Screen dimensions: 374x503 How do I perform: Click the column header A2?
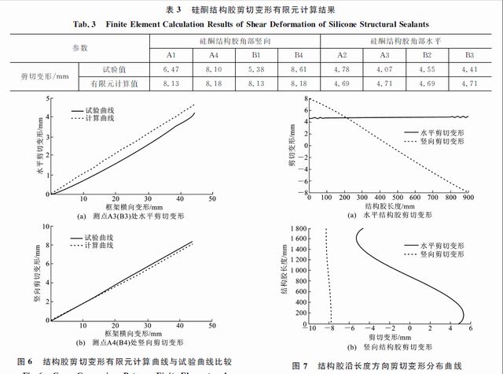click(x=342, y=55)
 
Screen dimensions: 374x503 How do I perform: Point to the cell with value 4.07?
click(x=384, y=70)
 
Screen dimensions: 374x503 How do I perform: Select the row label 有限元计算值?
click(x=114, y=83)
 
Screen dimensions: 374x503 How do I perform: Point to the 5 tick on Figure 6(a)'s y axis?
click(x=49, y=98)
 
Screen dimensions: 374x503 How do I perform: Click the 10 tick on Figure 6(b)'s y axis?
click(x=47, y=227)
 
